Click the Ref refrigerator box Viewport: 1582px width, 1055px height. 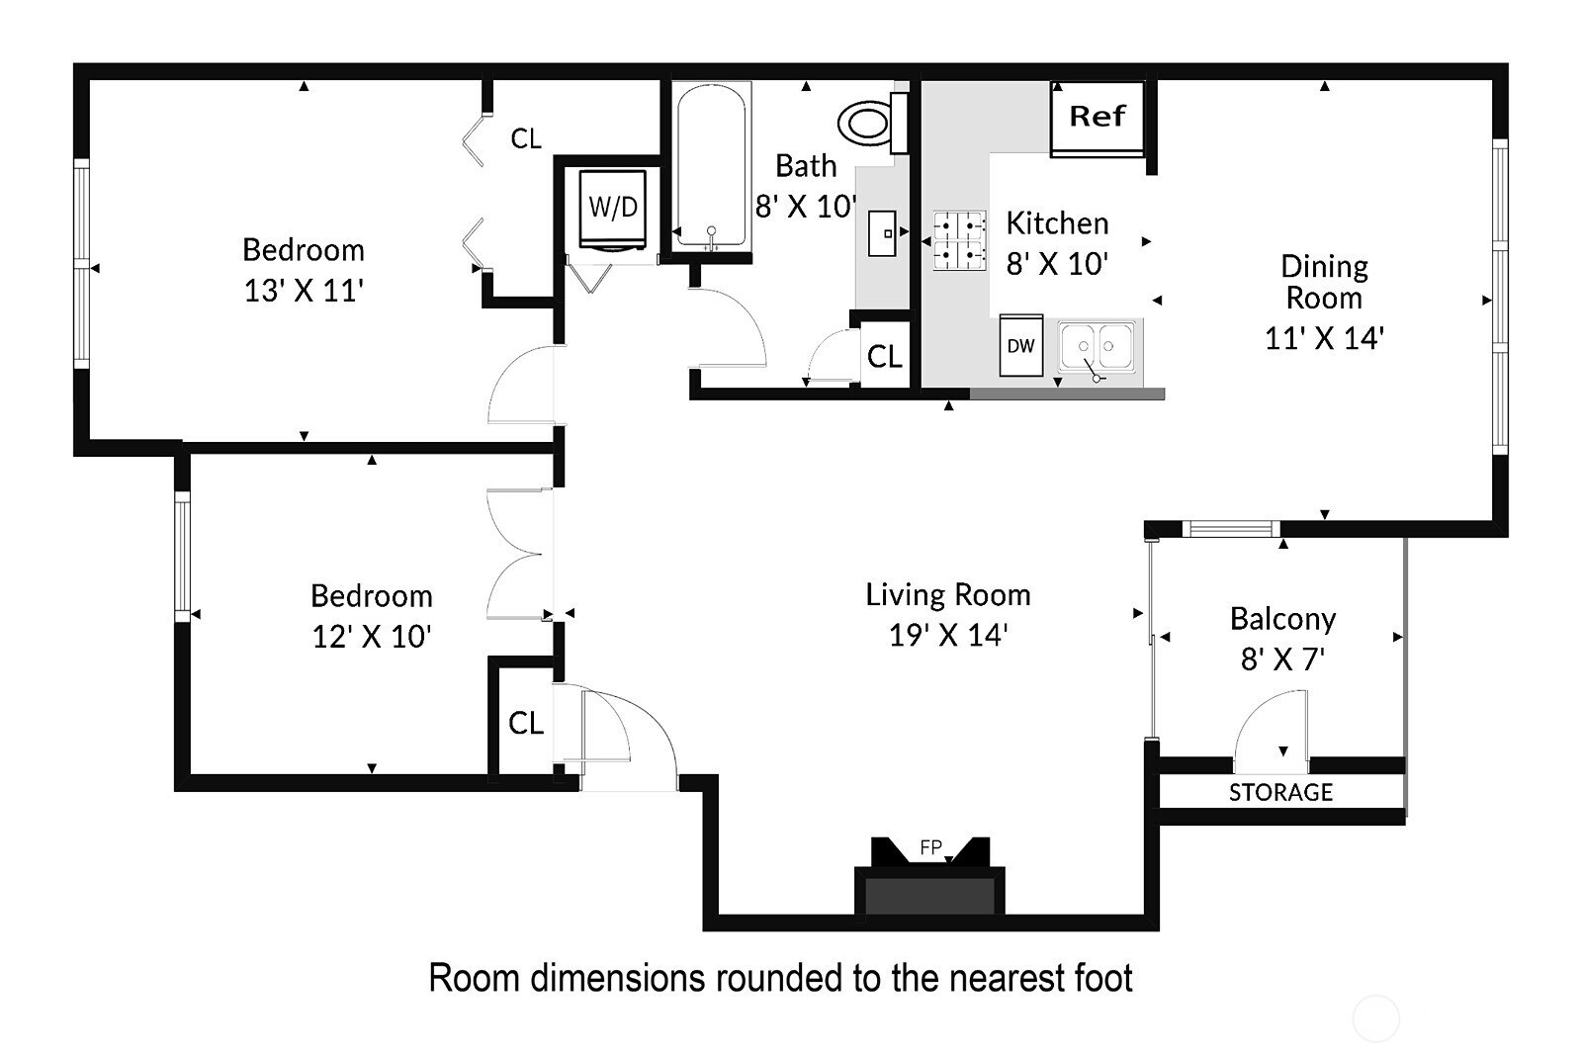pos(1098,117)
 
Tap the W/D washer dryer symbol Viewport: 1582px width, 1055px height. pos(613,208)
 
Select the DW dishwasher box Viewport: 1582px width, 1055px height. pos(1020,345)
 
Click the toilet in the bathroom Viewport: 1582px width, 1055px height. pos(866,124)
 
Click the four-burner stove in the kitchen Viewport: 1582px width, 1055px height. pos(960,241)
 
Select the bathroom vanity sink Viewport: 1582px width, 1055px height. pos(882,233)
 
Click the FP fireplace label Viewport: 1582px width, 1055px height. pos(930,847)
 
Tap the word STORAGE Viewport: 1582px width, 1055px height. pos(1280,792)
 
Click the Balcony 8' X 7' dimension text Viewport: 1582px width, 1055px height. pos(1282,659)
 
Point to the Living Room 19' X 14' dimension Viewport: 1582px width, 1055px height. pos(947,635)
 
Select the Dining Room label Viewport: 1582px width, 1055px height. pos(1324,282)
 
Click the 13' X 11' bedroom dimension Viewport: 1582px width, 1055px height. pos(304,291)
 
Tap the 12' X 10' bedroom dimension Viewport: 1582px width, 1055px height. pos(371,637)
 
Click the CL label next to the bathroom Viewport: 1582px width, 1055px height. pos(884,356)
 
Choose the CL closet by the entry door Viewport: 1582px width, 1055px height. pos(525,723)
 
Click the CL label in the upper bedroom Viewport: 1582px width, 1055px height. pos(525,138)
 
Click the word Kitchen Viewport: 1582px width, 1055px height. pos(1057,223)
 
